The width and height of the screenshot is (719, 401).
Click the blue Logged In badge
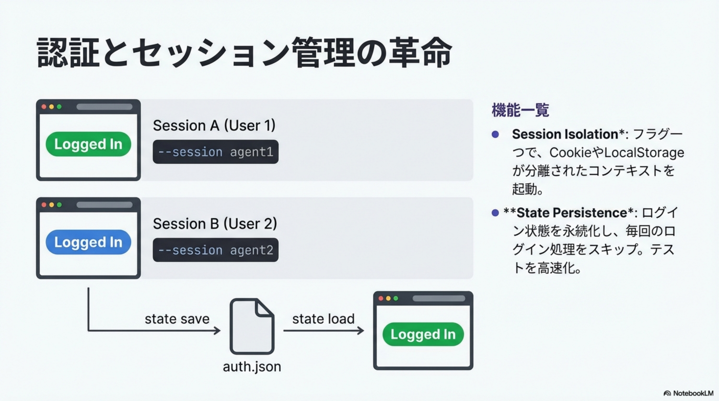coord(88,242)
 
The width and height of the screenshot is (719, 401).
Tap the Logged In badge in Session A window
coord(88,144)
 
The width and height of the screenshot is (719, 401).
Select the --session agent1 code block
coord(216,152)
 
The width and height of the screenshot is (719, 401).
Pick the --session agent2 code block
coord(216,250)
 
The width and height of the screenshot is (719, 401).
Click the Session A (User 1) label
coord(214,126)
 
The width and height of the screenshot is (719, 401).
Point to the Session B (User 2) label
coord(215,224)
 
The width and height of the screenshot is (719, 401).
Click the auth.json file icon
coord(252,326)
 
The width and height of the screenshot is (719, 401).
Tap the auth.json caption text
coord(252,367)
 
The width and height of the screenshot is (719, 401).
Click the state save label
coord(177,319)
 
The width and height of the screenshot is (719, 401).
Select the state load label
coord(323,319)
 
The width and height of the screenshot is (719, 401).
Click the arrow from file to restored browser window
coord(324,331)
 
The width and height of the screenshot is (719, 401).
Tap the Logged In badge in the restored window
coord(423,334)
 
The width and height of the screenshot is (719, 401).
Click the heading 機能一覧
coord(520,110)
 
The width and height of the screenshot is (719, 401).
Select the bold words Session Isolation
coord(565,134)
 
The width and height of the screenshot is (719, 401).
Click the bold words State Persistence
coord(572,213)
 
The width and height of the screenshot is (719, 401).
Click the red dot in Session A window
coord(44,107)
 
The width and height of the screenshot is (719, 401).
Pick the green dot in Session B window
coord(59,205)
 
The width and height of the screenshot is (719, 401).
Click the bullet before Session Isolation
coord(495,134)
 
